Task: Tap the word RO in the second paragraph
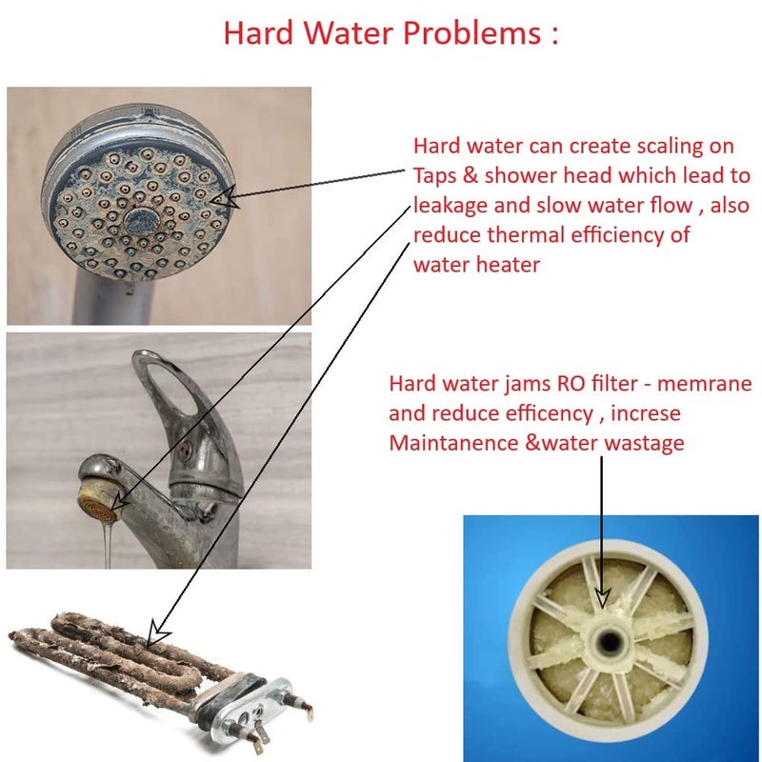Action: pyautogui.click(x=557, y=385)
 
